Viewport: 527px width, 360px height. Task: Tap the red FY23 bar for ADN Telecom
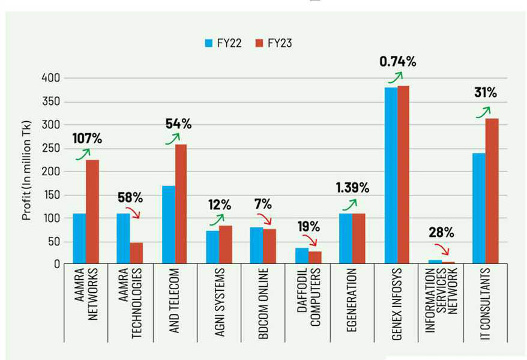pos(181,204)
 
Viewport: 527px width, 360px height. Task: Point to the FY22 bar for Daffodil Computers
pos(302,256)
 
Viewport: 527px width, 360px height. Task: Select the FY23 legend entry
pos(273,43)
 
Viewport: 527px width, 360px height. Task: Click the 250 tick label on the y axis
pos(50,148)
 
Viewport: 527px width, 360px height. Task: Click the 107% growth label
pos(88,138)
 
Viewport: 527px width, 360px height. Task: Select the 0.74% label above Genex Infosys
pos(397,61)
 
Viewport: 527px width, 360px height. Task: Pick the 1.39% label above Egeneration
pos(352,188)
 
